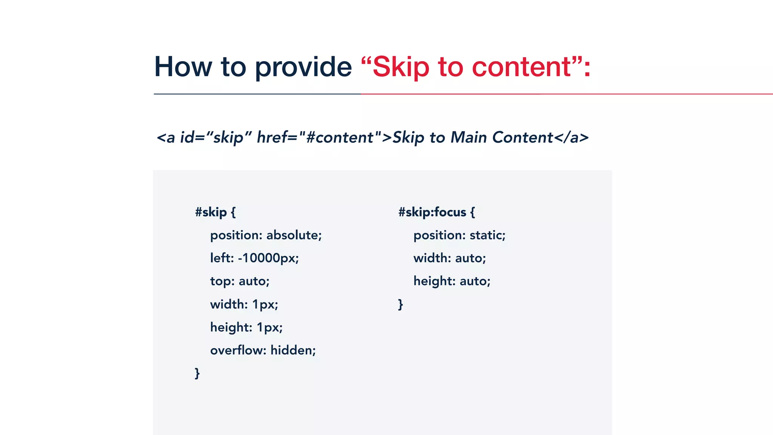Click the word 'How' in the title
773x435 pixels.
tap(183, 67)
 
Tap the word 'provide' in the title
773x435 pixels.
tap(303, 67)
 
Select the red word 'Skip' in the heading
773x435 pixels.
tap(401, 67)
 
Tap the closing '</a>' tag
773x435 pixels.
tap(571, 137)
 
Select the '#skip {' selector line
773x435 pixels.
tap(215, 212)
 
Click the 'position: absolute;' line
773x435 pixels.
tap(266, 235)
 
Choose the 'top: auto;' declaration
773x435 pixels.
tap(240, 281)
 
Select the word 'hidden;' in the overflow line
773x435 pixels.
tap(293, 350)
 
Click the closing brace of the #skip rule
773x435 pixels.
tap(197, 373)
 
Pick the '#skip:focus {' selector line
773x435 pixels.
tap(436, 212)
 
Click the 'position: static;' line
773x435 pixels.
tap(459, 235)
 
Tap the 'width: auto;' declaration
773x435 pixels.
tap(450, 258)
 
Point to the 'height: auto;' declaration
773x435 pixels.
tap(452, 281)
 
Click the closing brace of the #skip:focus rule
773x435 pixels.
tap(400, 304)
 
